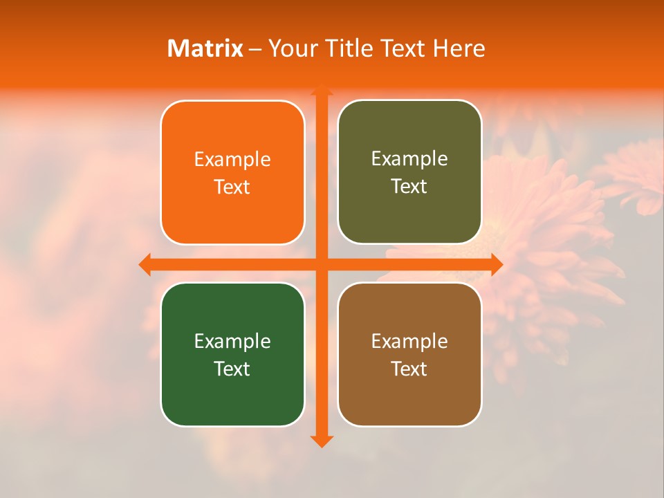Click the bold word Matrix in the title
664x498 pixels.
point(205,48)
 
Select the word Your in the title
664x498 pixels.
point(290,48)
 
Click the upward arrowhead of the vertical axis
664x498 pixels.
point(321,90)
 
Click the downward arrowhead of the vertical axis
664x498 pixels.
point(321,441)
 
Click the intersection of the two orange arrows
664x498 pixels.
point(321,264)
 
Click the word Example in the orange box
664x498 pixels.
point(232,160)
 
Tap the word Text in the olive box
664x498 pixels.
point(409,187)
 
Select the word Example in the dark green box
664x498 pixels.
point(232,342)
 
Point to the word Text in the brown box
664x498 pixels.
point(409,369)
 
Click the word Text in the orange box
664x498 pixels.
point(232,187)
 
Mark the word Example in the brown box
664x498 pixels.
point(409,342)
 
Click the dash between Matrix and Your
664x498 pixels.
point(255,49)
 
